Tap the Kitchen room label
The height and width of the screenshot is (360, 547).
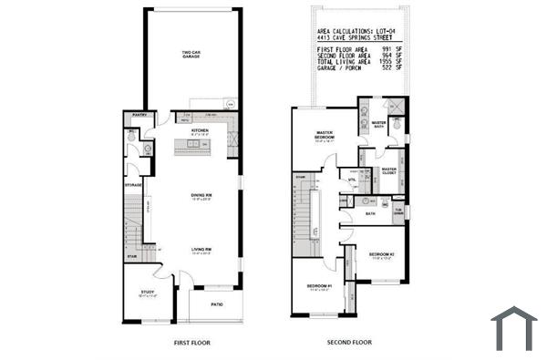(200, 130)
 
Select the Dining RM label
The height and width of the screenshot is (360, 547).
(201, 195)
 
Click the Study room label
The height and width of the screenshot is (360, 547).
(147, 292)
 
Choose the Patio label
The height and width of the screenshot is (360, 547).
(217, 303)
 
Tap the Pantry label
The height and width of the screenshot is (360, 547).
(140, 116)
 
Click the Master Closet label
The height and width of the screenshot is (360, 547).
(389, 170)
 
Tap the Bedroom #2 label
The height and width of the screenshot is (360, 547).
(381, 253)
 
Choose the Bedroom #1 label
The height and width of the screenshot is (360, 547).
(319, 287)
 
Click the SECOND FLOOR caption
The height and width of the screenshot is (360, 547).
(349, 343)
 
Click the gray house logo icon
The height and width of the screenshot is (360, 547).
(513, 328)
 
